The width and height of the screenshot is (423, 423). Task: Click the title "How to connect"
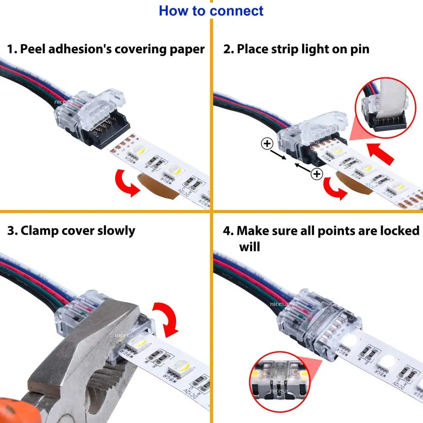click(x=211, y=11)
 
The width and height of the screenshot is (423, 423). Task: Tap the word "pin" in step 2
click(x=359, y=49)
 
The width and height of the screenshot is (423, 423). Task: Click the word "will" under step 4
click(x=249, y=246)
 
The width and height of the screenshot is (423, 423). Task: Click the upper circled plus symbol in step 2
click(x=267, y=144)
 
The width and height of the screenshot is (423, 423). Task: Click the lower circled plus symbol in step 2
click(x=316, y=173)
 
